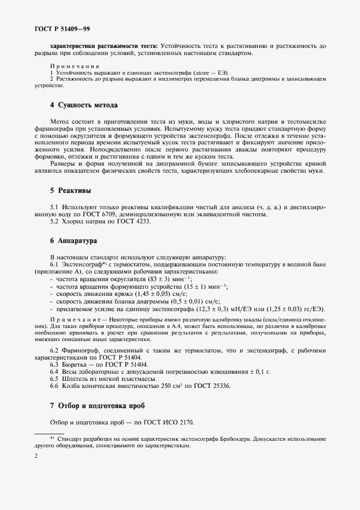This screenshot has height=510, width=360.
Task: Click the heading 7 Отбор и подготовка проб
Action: pyautogui.click(x=97, y=406)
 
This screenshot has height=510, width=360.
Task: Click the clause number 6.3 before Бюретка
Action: pyautogui.click(x=54, y=363)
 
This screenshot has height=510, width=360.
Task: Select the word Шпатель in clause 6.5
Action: pyautogui.click(x=74, y=378)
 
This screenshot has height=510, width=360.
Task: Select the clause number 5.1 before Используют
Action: pyautogui.click(x=54, y=207)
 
